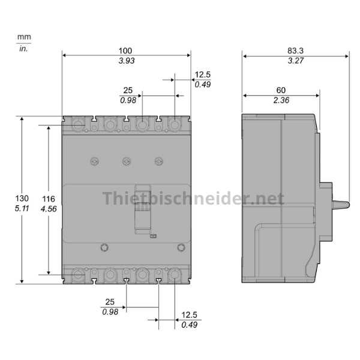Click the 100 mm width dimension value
[x=125, y=51]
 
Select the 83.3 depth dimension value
[x=295, y=50]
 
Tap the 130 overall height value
[x=22, y=198]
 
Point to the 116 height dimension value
[x=49, y=199]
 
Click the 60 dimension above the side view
[x=281, y=90]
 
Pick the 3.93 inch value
[x=127, y=61]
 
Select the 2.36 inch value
[x=281, y=100]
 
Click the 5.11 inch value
[x=22, y=208]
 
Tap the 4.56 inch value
[x=49, y=209]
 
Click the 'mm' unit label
[x=24, y=37]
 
